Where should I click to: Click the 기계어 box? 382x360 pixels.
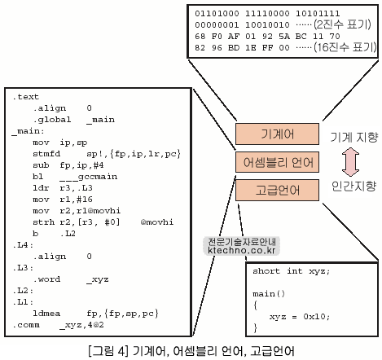(x=277, y=134)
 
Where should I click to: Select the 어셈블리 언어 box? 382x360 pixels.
(x=277, y=162)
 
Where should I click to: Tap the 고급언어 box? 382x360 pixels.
(x=277, y=190)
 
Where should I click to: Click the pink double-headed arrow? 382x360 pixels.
(x=350, y=162)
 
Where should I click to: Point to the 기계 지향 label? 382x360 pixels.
(x=353, y=137)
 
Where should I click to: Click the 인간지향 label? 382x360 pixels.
(x=353, y=187)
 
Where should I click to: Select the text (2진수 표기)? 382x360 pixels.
(x=342, y=24)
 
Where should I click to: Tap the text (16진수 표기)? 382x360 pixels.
(x=345, y=47)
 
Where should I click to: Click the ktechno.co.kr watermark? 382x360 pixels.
(x=242, y=250)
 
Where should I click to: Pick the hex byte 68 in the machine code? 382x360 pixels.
(x=200, y=36)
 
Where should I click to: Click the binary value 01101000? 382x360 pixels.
(x=217, y=13)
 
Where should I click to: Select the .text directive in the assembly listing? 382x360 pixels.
(x=26, y=97)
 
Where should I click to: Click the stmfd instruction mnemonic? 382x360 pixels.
(x=46, y=154)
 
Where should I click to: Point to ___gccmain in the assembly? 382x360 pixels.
(x=89, y=177)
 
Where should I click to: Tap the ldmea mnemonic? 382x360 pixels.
(x=46, y=314)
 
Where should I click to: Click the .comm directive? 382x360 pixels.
(x=26, y=325)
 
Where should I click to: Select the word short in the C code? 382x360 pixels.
(x=266, y=271)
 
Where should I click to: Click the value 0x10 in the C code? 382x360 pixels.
(x=314, y=317)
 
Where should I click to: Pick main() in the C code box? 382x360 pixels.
(x=269, y=294)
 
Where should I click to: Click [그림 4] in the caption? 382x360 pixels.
(x=108, y=351)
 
